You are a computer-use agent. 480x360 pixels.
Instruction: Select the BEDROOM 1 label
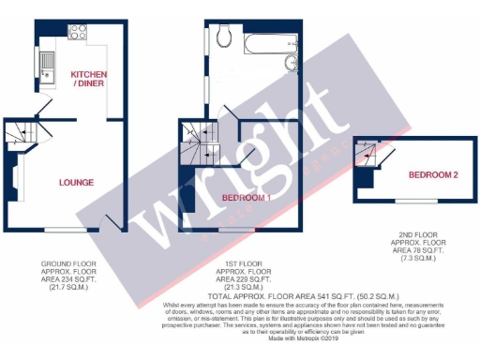coord(247,198)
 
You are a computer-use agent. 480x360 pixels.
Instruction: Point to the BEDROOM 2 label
coord(433,175)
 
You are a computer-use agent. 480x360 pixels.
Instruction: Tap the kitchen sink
coord(48,63)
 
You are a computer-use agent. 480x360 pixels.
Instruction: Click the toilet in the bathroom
coord(223,37)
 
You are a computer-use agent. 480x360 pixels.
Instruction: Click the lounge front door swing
coord(112,221)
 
